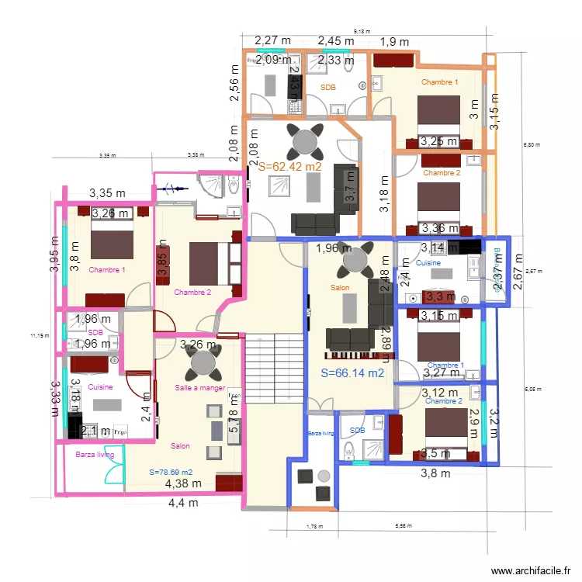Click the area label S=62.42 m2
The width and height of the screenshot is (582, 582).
(289, 166)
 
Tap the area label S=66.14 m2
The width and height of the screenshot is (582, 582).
(353, 372)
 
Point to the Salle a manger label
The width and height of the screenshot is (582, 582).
(200, 388)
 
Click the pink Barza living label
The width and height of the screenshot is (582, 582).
(95, 456)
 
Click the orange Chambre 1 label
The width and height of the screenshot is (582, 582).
(439, 81)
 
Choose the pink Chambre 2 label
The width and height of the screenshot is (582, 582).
(192, 293)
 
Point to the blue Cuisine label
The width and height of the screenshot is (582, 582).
(428, 264)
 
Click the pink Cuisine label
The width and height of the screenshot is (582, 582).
(101, 386)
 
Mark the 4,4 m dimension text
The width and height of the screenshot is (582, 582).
(183, 503)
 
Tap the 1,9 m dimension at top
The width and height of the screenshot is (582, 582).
(394, 42)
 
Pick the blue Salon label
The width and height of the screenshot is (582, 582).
(340, 288)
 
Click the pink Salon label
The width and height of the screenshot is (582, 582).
(180, 446)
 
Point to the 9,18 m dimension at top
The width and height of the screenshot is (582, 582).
(362, 30)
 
